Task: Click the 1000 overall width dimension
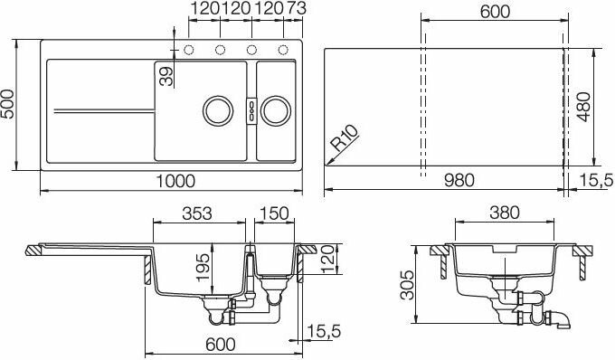click(x=175, y=181)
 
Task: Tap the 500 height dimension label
click(x=8, y=104)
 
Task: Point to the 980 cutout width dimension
click(x=459, y=180)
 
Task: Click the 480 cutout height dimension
click(x=583, y=107)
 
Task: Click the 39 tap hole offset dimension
click(x=166, y=76)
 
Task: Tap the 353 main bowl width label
click(x=197, y=213)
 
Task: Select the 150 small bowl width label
click(x=274, y=213)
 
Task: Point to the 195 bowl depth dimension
click(x=203, y=268)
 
